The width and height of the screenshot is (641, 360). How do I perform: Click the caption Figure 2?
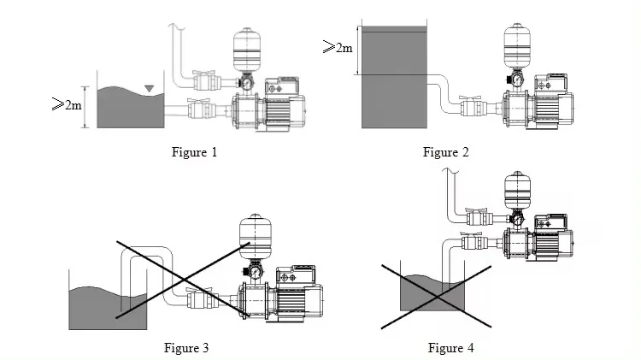[x=446, y=153]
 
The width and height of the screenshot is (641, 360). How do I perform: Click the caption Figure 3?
[x=186, y=347]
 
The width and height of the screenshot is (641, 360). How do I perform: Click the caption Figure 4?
[x=450, y=347]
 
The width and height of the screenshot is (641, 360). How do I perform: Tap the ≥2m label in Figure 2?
[x=337, y=48]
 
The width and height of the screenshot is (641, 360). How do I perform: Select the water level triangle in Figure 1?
[x=150, y=87]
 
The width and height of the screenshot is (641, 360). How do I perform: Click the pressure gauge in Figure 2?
[x=516, y=80]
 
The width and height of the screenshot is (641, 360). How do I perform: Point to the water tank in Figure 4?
[x=432, y=295]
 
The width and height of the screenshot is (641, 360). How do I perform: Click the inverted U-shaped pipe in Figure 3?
[x=146, y=257]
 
